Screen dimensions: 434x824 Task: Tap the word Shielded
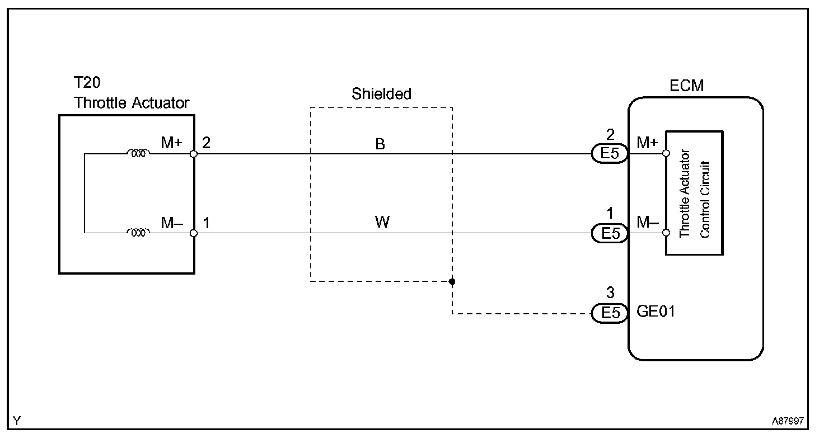[x=381, y=94]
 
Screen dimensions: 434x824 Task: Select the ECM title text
[x=686, y=86]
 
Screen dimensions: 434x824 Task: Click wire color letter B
[x=380, y=144]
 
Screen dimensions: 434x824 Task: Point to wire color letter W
[x=382, y=223]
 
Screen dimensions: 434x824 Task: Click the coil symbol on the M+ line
[x=138, y=154]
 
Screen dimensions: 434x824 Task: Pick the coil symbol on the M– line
[x=138, y=233]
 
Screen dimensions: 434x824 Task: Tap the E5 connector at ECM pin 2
[x=610, y=154]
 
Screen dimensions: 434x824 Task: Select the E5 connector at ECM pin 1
[x=610, y=233]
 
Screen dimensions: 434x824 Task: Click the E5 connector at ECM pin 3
[x=610, y=314]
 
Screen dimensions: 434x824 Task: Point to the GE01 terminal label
[x=656, y=311]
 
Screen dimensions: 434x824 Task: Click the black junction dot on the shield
[x=452, y=281]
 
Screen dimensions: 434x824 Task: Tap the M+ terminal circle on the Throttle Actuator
[x=194, y=154]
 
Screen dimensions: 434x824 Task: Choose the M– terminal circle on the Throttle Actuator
[x=194, y=233]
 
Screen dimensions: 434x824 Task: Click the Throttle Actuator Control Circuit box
[x=694, y=193]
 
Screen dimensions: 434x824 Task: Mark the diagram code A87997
[x=788, y=421]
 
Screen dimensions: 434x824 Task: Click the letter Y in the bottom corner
[x=17, y=421]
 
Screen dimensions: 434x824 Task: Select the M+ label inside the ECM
[x=647, y=143]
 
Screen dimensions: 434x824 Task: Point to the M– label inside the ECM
[x=647, y=223]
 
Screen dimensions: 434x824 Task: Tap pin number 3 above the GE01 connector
[x=610, y=293]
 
